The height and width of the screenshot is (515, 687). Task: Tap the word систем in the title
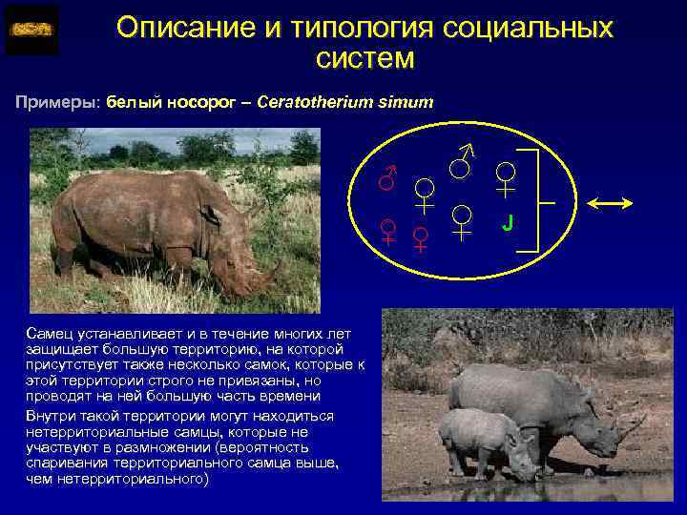365,59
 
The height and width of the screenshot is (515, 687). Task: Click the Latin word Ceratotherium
312,101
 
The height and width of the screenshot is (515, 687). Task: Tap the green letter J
509,223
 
